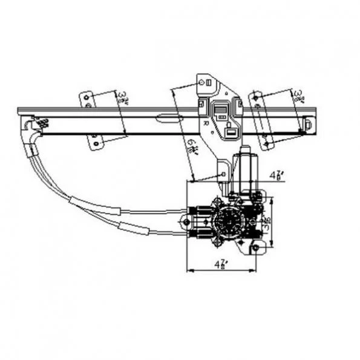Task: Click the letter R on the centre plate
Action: pyautogui.click(x=206, y=122)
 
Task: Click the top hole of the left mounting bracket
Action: pyautogui.click(x=88, y=96)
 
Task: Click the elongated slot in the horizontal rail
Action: pyautogui.click(x=169, y=118)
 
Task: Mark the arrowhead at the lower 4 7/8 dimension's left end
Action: pyautogui.click(x=192, y=270)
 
